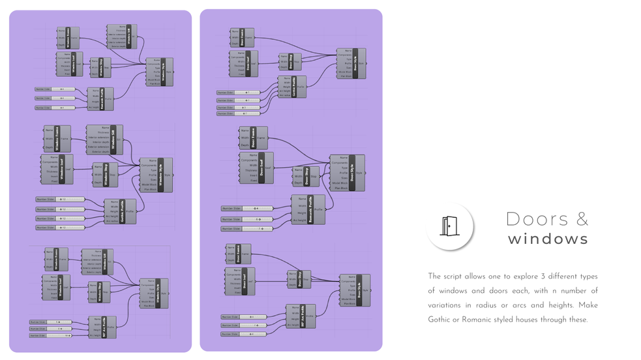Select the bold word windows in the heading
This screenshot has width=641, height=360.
point(548,239)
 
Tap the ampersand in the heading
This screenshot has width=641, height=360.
point(582,219)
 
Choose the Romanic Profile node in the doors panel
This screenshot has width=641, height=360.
point(308,209)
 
